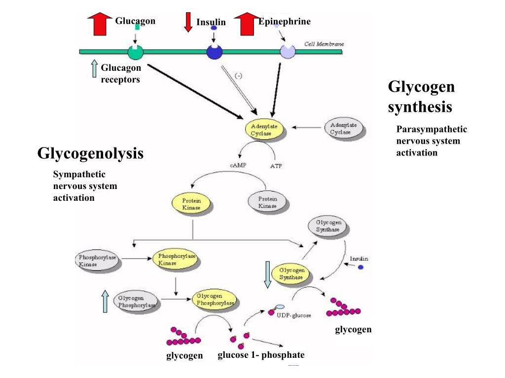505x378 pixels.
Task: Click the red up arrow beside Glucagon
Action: coord(100,24)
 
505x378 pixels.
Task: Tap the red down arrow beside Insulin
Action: coord(188,22)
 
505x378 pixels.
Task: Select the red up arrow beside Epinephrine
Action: coord(246,24)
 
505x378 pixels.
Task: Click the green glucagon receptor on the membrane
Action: coord(135,51)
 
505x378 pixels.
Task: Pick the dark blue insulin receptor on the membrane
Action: coord(215,51)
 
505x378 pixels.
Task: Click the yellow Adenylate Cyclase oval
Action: coord(264,129)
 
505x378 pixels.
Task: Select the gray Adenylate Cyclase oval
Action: coord(344,128)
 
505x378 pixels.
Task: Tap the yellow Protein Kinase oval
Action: coord(191,204)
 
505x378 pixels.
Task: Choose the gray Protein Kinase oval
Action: coord(268,202)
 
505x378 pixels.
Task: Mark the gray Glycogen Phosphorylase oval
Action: coord(136,302)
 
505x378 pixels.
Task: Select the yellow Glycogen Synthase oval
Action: coord(291,274)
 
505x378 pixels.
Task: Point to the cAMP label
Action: coord(238,165)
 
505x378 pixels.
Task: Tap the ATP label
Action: coord(276,166)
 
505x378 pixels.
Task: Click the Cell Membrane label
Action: coord(324,44)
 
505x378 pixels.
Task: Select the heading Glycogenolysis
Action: coord(90,154)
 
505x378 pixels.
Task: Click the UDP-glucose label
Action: coord(293,315)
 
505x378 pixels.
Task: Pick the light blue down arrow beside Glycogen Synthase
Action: coord(267,275)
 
